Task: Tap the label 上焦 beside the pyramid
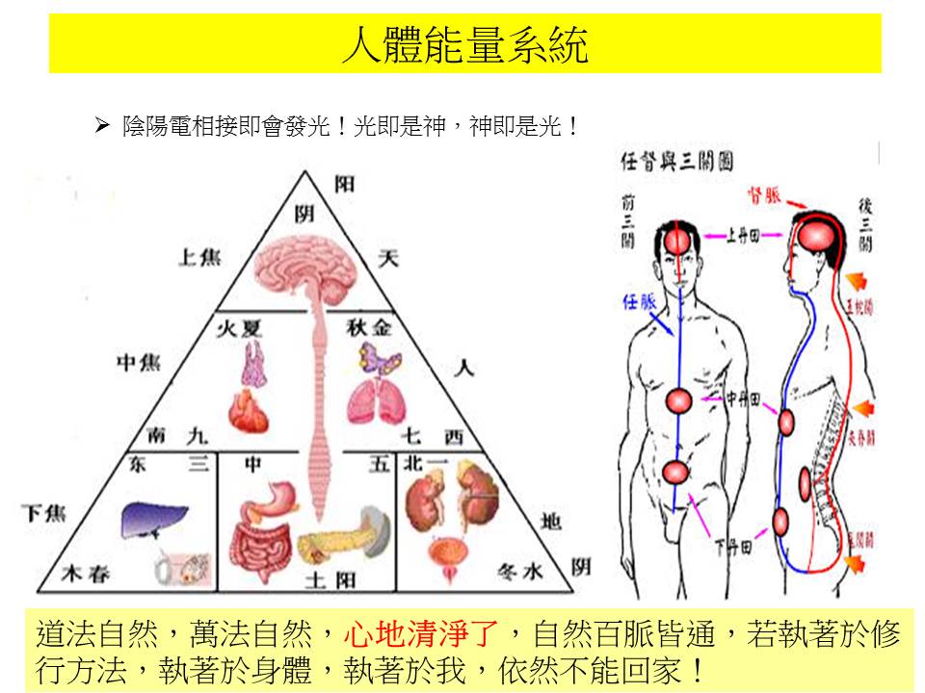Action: (198, 257)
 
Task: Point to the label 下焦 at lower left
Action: (43, 513)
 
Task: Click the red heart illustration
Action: (252, 408)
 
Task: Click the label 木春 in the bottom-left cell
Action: (86, 574)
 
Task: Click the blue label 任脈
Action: (640, 302)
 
